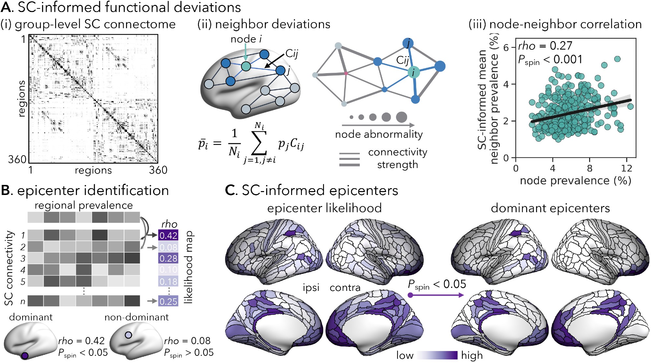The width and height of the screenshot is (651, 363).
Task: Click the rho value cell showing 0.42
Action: (x=168, y=235)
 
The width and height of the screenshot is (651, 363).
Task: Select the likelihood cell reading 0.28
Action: (x=168, y=258)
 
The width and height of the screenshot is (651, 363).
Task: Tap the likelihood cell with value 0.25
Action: (x=168, y=301)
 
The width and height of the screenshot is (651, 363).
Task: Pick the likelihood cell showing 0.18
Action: (x=168, y=281)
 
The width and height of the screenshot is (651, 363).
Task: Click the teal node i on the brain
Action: (x=246, y=66)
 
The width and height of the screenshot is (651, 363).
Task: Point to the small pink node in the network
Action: (x=346, y=73)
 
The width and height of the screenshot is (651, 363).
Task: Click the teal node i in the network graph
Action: (x=414, y=72)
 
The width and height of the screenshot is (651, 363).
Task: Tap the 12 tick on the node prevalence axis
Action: (x=627, y=168)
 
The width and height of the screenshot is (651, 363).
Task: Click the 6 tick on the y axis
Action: (x=506, y=47)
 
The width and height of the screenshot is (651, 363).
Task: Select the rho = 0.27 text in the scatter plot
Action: (x=545, y=46)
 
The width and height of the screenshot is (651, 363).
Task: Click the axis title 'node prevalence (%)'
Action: (x=575, y=181)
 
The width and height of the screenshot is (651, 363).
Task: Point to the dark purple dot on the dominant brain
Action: (x=25, y=355)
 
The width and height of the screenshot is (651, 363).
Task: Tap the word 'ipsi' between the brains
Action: (x=311, y=288)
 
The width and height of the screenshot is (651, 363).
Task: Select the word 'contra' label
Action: (x=345, y=288)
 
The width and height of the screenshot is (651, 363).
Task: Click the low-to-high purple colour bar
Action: (x=437, y=355)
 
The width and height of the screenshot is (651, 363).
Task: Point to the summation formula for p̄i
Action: (x=251, y=143)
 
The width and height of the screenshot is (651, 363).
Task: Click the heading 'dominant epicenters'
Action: (x=550, y=208)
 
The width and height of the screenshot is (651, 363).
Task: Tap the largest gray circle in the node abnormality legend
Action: (x=402, y=117)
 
